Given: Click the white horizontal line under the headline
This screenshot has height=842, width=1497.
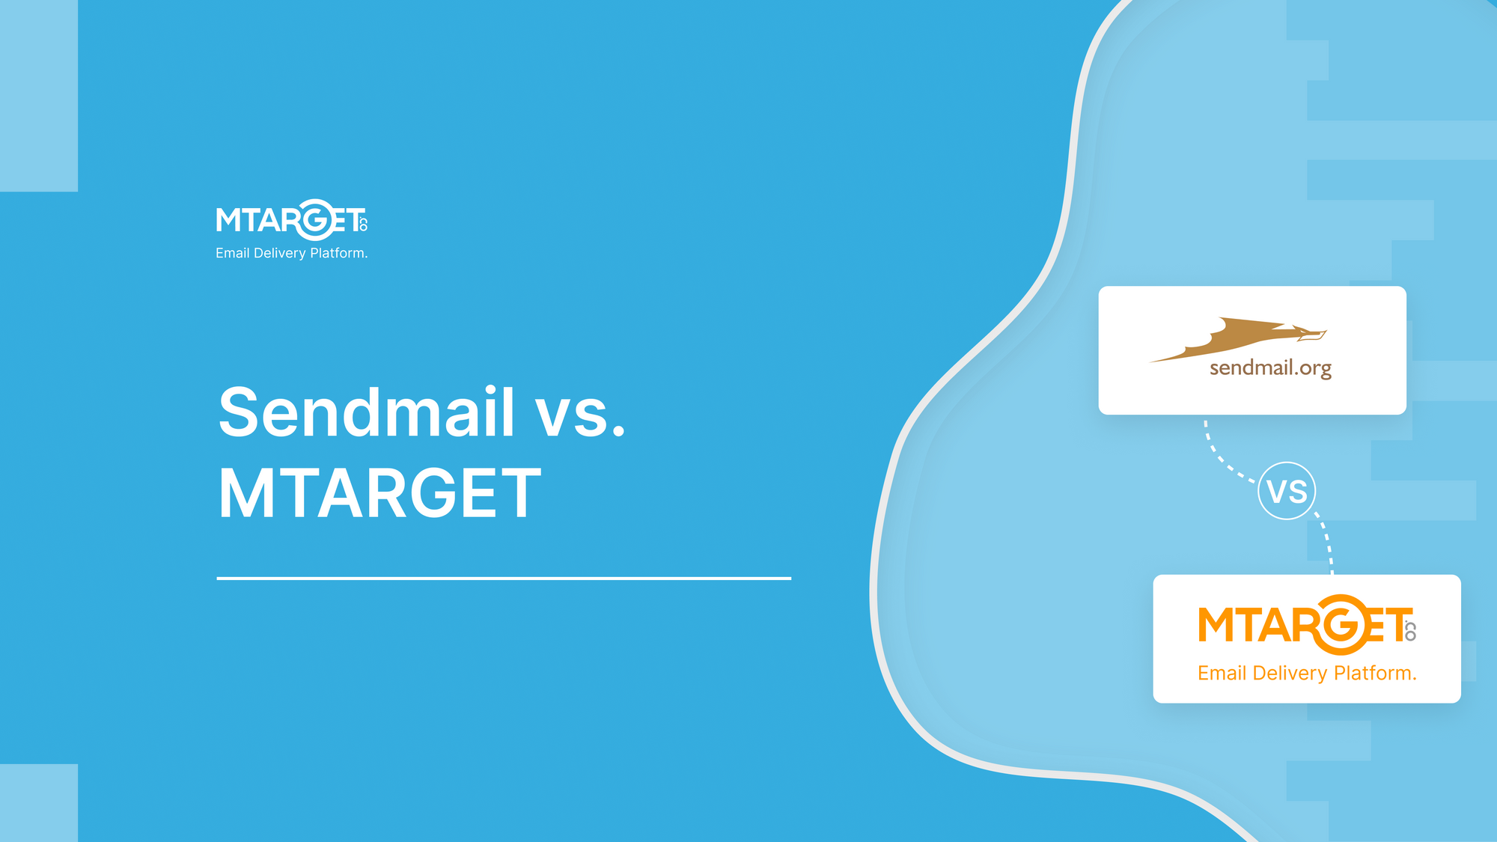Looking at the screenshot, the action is pos(504,578).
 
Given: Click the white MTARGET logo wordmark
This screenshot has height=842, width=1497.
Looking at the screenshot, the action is pos(292,220).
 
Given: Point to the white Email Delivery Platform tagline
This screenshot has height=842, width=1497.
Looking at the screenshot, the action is pos(292,253).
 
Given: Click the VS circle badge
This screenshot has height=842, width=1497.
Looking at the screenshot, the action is pos(1287,491).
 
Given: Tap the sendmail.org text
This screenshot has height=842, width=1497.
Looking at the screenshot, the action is pos(1270,368).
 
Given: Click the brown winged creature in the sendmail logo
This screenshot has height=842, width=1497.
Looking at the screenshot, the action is pos(1238,339).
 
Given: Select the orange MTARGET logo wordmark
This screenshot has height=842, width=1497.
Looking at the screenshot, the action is pos(1307,624).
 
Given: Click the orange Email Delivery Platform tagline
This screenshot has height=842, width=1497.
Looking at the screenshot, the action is pos(1307,673).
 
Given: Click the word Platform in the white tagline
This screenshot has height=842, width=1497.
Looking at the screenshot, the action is pos(337,253).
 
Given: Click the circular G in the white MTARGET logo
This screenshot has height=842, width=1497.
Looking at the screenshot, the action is pos(315,220).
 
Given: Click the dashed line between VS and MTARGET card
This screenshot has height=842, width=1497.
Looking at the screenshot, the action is pos(1326,543).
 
